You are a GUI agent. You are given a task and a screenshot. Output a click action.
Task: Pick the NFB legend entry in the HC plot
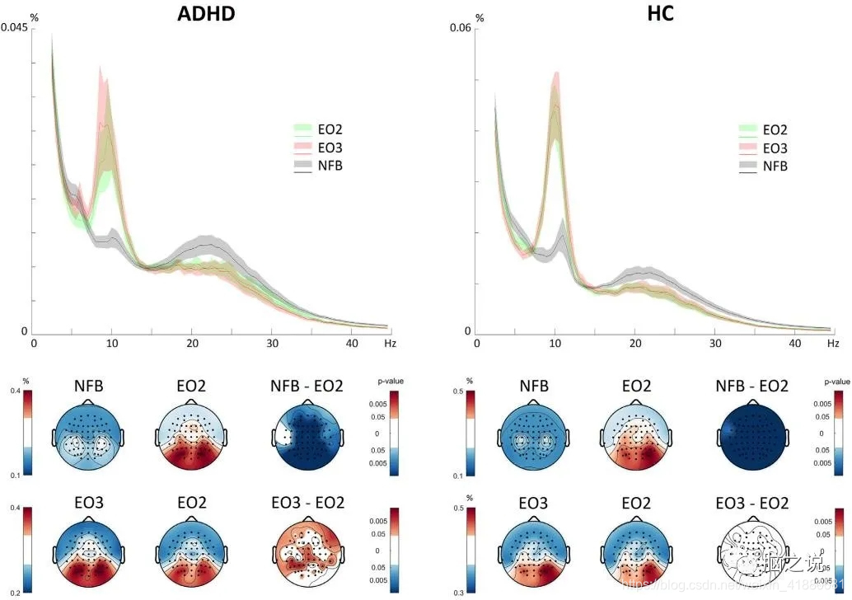coord(775,166)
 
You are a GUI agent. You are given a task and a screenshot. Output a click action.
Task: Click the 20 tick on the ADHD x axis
coord(192,343)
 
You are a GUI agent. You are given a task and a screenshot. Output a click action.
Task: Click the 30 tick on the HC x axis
coord(714,343)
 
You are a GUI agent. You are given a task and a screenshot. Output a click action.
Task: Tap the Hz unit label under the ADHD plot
coord(390,343)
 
